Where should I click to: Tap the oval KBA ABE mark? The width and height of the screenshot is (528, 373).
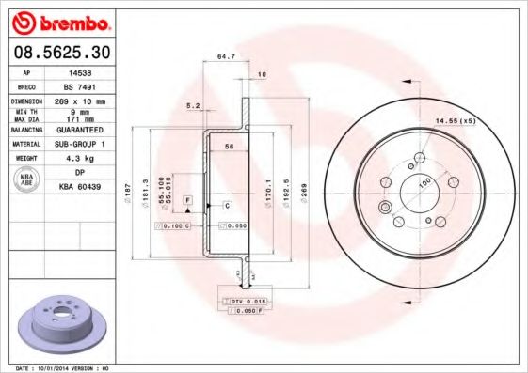click(x=27, y=179)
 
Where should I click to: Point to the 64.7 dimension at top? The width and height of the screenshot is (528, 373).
click(x=225, y=57)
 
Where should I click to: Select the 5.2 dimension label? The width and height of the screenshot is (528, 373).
click(x=193, y=105)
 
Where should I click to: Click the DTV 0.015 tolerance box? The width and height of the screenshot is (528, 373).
click(x=241, y=299)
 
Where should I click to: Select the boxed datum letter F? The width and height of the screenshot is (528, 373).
click(x=188, y=202)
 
